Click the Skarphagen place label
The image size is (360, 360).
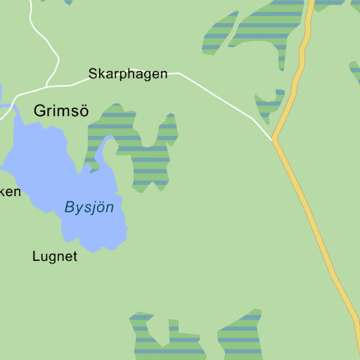tap(128, 73)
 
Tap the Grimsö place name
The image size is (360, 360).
tap(61, 110)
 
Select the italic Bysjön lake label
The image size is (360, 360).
tap(89, 207)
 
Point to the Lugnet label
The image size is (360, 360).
tap(55, 257)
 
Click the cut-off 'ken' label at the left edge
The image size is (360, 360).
tap(10, 191)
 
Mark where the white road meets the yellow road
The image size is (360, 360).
tap(274, 139)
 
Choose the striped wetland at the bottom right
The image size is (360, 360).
tap(241, 336)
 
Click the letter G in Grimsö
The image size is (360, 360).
tap(39, 110)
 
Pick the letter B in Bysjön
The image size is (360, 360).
tap(69, 207)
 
